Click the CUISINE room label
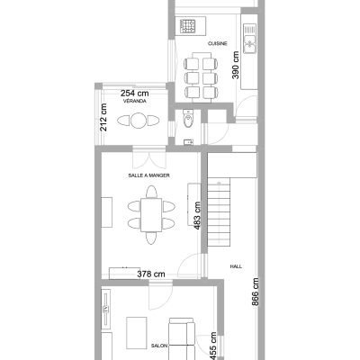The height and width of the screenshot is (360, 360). point(218,44)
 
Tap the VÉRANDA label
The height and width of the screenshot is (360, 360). point(135,101)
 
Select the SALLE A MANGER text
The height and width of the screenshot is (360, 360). point(148,175)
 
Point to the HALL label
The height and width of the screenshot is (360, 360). point(236,266)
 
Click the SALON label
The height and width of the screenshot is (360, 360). point(159,346)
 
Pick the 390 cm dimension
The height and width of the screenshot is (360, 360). point(236,65)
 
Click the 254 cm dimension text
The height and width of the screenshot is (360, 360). point(135,94)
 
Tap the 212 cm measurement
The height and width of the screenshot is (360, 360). point(103,117)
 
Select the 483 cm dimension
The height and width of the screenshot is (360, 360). point(197,216)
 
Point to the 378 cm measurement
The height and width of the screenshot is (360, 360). point(151,274)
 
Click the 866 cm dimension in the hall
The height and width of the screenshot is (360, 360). point(255,292)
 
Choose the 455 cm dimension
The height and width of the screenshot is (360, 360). point(212,346)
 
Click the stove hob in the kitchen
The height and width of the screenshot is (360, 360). point(188,26)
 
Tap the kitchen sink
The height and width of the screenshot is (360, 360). point(249,39)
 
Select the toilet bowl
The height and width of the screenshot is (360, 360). point(188,118)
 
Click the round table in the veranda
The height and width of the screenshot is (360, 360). point(139,121)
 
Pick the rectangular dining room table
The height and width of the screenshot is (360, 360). point(151,215)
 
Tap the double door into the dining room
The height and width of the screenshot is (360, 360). point(149,160)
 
